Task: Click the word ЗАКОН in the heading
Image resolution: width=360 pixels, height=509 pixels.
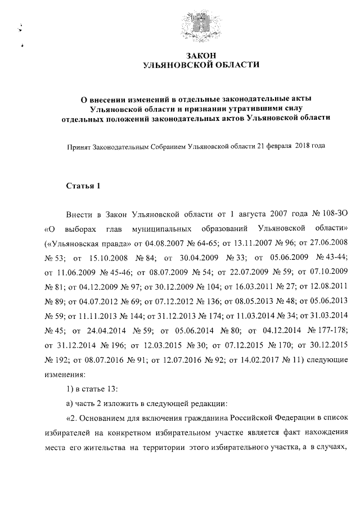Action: (201, 55)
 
